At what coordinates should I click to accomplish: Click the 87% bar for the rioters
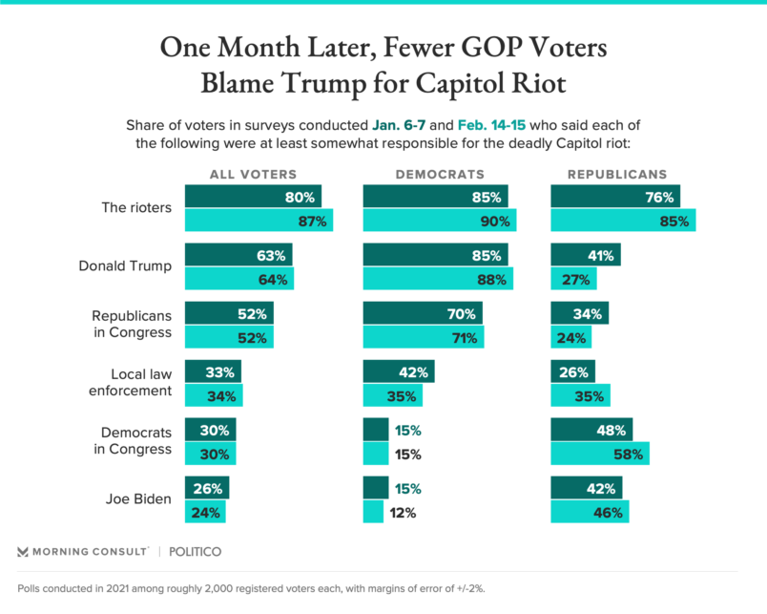(259, 221)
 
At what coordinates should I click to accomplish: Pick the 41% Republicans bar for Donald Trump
(586, 255)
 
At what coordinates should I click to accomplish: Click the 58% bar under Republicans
(601, 454)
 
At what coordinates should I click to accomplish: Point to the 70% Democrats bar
(423, 313)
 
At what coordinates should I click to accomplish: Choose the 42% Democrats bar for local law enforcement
(399, 371)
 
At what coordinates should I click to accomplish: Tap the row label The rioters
(136, 209)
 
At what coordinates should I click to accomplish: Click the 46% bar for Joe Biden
(591, 512)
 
